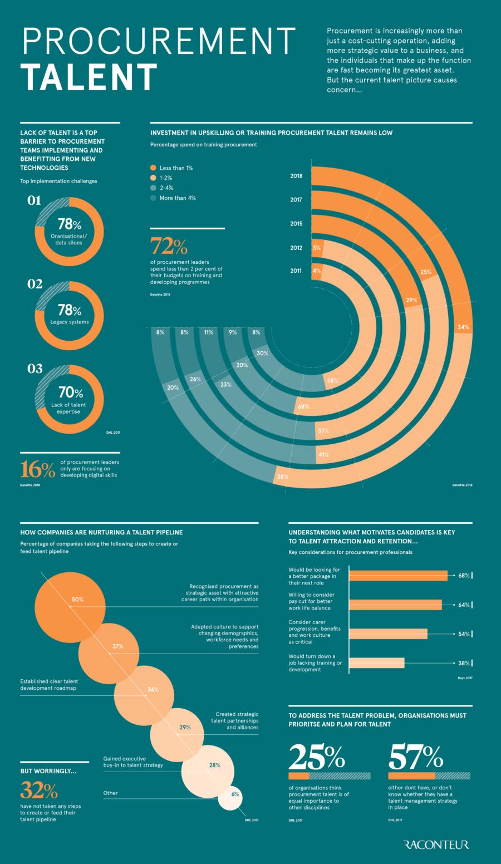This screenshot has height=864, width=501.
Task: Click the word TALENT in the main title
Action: (90, 77)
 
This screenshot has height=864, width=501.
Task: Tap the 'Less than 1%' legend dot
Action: (153, 168)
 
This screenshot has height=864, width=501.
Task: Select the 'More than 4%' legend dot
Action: (153, 198)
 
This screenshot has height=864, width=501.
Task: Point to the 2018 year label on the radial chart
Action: (296, 176)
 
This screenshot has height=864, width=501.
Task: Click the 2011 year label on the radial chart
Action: (296, 271)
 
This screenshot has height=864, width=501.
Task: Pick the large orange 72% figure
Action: (169, 246)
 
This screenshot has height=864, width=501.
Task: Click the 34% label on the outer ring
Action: (463, 327)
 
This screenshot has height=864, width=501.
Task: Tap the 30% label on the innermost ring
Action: (262, 353)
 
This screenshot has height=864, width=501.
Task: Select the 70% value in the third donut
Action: (70, 393)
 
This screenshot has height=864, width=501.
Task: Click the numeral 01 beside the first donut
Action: (35, 200)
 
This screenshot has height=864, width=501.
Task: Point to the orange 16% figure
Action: (38, 469)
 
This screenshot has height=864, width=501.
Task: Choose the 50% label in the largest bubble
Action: (77, 600)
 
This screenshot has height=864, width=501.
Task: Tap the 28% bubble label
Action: (214, 765)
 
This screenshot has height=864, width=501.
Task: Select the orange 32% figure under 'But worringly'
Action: (39, 790)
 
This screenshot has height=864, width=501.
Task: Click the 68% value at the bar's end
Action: (464, 576)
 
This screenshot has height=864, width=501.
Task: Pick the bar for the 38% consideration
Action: (377, 663)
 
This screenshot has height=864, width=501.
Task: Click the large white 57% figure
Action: (415, 757)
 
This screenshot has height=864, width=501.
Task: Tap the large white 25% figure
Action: (316, 757)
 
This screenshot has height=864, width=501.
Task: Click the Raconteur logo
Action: (436, 845)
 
